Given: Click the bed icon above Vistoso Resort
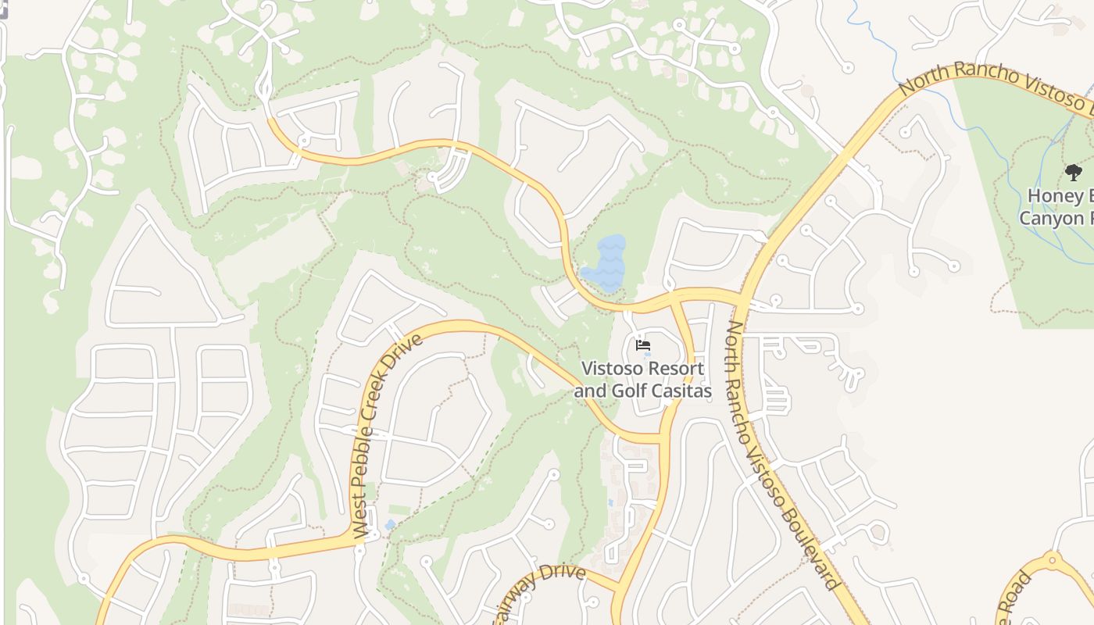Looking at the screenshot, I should (x=643, y=345).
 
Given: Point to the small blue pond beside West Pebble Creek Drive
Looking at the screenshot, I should (x=389, y=525).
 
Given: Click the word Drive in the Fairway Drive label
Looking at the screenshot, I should (x=563, y=573).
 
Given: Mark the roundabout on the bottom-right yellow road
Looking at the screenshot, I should (x=1052, y=559).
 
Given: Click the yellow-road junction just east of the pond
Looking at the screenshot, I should (x=670, y=299).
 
